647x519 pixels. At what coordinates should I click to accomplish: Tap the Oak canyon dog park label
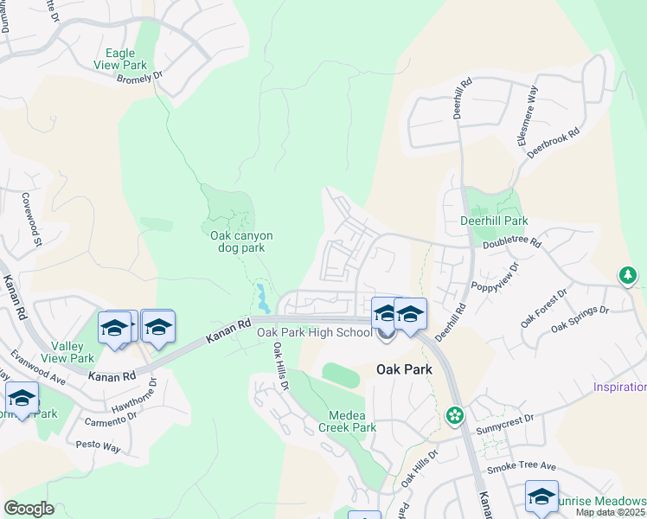(x=241, y=241)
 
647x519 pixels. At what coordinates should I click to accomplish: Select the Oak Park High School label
(x=314, y=332)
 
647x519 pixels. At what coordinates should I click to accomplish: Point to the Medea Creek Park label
(x=347, y=420)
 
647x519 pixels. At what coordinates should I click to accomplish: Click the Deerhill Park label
(x=496, y=221)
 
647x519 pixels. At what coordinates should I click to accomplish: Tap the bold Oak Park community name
(x=403, y=369)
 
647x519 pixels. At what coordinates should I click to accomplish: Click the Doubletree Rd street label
(x=511, y=244)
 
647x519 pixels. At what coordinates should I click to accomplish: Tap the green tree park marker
(x=627, y=277)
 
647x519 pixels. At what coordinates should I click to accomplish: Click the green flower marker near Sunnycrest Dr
(x=454, y=417)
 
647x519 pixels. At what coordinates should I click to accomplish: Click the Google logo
(x=29, y=509)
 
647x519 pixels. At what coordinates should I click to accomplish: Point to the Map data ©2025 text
(x=610, y=512)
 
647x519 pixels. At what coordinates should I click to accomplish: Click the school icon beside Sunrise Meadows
(x=541, y=497)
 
